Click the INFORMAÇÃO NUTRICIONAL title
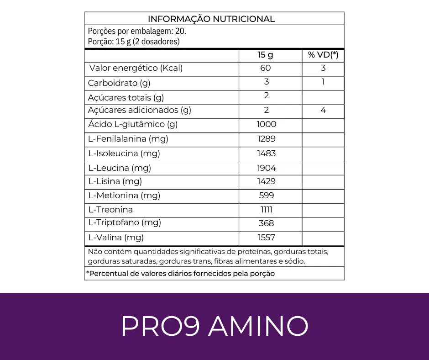(x=211, y=19)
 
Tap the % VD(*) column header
(x=323, y=55)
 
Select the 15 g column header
(x=265, y=55)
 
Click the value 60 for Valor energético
(x=266, y=69)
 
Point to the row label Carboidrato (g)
(x=119, y=83)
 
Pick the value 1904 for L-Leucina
(x=267, y=168)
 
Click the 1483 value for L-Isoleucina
(x=267, y=154)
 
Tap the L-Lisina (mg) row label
(x=115, y=181)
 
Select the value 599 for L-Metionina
(x=266, y=196)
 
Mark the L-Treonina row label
(x=111, y=210)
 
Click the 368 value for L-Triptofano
(x=266, y=223)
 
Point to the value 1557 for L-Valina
(x=266, y=238)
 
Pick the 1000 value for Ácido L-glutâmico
(x=267, y=124)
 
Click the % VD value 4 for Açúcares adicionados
(x=323, y=110)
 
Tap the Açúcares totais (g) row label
(x=126, y=97)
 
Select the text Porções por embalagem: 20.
(x=137, y=32)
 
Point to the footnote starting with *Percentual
(x=181, y=274)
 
